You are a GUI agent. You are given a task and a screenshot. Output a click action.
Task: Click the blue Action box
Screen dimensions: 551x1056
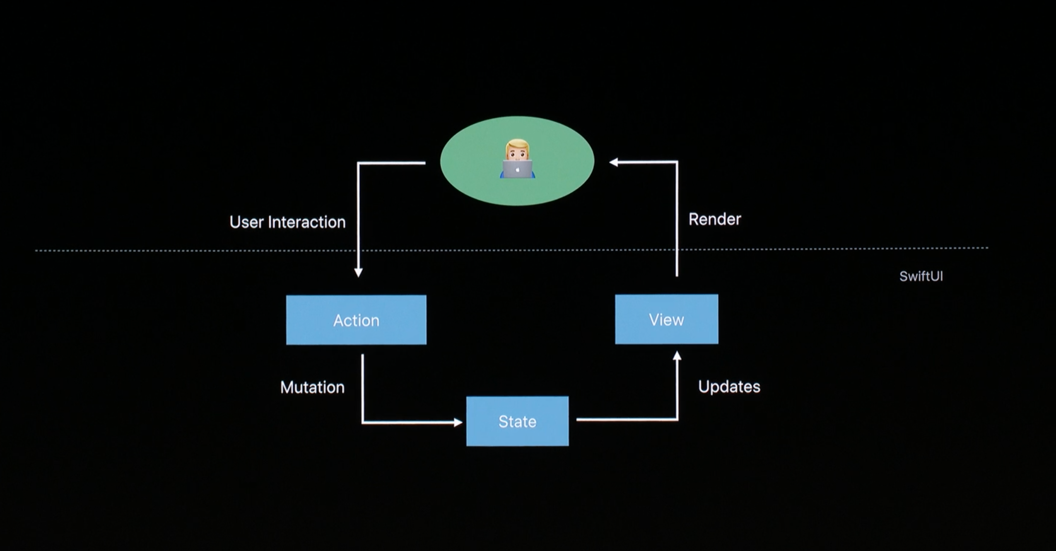pos(356,320)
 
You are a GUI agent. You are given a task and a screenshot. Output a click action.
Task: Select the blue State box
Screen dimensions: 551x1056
pos(517,421)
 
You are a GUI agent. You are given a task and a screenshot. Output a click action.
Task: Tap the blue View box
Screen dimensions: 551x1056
pos(666,319)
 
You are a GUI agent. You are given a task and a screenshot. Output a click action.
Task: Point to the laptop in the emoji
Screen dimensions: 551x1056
pos(517,169)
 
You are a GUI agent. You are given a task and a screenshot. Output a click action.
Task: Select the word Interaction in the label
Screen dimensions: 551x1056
pos(306,222)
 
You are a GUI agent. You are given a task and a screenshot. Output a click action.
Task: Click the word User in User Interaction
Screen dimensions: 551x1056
pos(246,222)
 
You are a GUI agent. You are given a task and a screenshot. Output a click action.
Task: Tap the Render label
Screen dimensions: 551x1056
pos(714,219)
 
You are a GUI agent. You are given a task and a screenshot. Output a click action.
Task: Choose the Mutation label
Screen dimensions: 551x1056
pos(312,387)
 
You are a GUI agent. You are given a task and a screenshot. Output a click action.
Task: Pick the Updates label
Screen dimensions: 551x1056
pos(729,387)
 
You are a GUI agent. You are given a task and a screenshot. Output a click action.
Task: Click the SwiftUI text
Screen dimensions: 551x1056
pos(921,276)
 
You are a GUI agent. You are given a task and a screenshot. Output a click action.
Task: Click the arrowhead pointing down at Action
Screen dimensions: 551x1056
pos(359,272)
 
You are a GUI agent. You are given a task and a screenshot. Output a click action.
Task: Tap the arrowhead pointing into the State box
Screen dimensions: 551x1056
pos(458,423)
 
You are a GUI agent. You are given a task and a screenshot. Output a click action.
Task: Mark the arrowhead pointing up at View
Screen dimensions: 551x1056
pos(677,356)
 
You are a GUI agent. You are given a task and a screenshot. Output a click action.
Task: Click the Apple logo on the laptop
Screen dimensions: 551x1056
pos(518,169)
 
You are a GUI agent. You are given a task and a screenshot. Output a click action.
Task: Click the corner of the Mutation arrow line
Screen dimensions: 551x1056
pos(363,423)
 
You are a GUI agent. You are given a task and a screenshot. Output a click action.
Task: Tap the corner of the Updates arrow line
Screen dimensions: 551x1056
pos(677,420)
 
